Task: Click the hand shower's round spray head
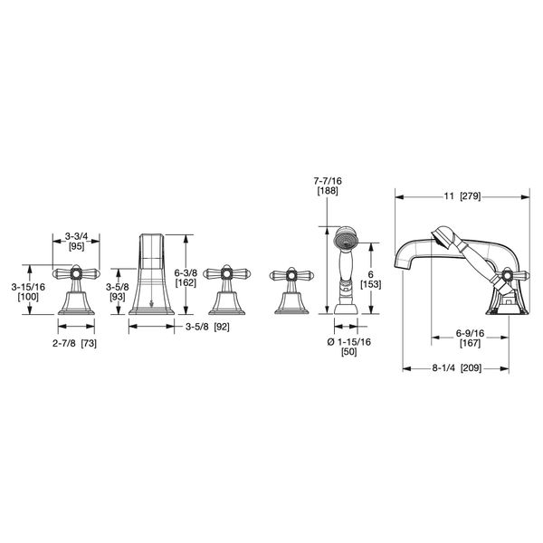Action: point(344,242)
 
